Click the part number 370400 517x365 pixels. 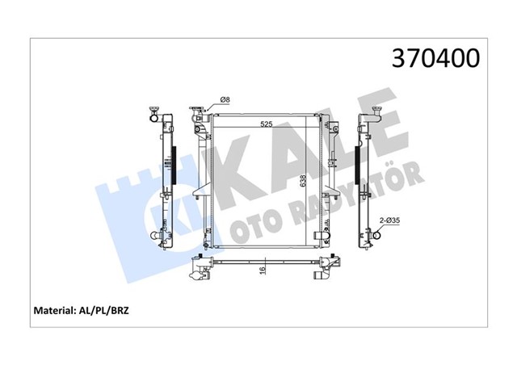(435, 59)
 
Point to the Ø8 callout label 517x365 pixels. (225, 99)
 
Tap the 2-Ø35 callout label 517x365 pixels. (390, 219)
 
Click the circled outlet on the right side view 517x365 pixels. (375, 237)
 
